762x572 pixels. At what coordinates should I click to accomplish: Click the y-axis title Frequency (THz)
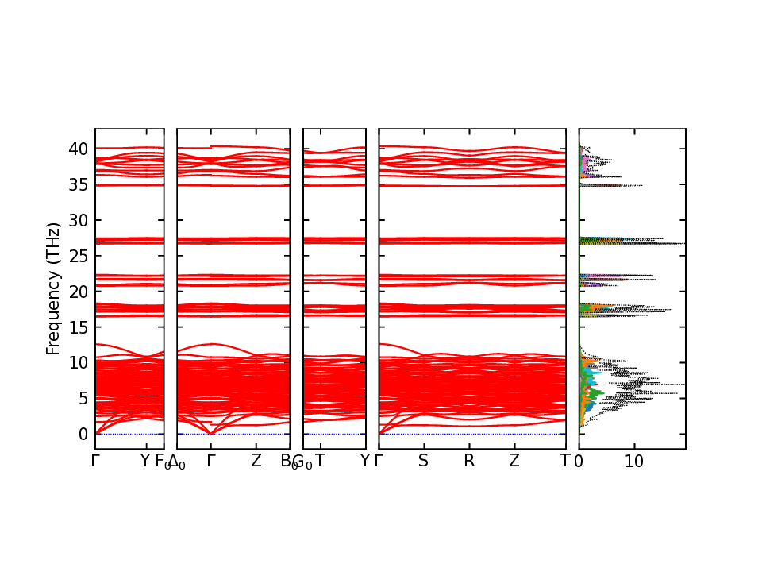53,288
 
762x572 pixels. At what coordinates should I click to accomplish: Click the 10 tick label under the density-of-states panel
633,461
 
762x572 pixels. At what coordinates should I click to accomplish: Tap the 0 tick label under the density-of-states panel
579,461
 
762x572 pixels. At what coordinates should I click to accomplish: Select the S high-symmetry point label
424,461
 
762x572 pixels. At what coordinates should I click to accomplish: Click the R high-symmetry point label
469,461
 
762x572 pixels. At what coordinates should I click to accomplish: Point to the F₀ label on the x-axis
161,462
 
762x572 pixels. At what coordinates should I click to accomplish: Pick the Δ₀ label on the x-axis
177,462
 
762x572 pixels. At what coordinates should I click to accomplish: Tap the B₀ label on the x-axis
287,462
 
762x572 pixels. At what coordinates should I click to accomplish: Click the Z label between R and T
514,461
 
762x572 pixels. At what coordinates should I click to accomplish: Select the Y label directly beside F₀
144,461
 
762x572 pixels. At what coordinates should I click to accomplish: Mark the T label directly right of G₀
320,461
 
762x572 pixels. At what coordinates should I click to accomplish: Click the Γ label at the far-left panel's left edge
95,461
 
